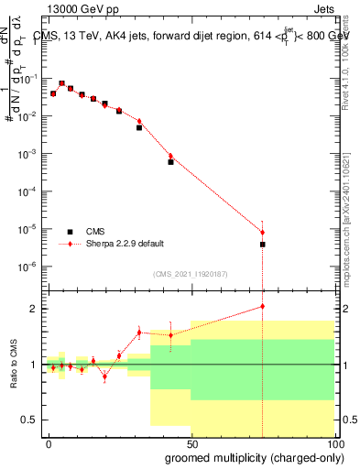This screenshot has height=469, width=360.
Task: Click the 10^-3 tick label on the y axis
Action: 28,154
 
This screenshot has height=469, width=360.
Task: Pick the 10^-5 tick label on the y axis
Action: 28,229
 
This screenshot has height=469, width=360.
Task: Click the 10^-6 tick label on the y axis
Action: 28,267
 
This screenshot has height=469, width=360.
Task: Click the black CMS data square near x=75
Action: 263,245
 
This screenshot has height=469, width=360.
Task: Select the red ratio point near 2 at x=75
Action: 263,306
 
